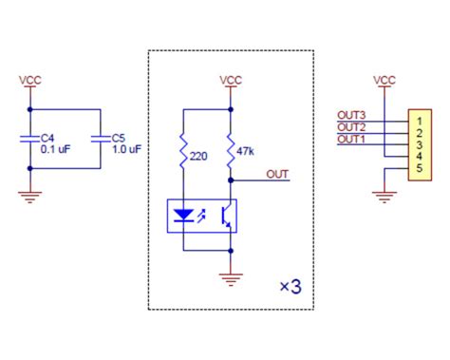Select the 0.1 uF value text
tap(56, 148)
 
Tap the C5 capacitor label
tap(119, 137)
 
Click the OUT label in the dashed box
tap(278, 173)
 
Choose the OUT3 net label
tap(351, 115)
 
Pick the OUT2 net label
tap(351, 126)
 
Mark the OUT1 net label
tap(351, 139)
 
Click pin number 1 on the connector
tap(418, 120)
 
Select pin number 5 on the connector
tap(418, 169)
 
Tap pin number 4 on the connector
tap(418, 157)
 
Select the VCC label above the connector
tap(384, 80)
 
